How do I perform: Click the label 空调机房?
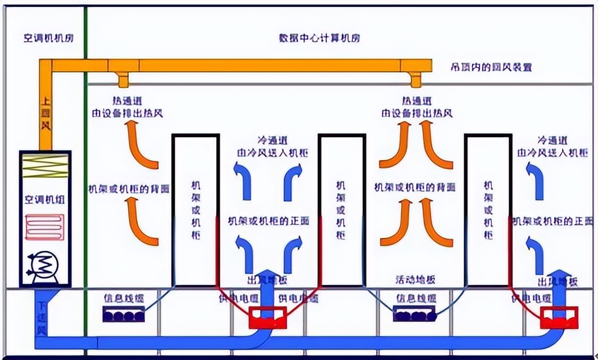[49, 39]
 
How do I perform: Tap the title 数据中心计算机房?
[319, 38]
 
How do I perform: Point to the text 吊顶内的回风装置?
[491, 67]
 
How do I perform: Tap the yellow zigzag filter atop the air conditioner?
[45, 168]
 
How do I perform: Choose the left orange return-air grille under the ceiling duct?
[123, 79]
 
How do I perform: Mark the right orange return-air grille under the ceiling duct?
[415, 79]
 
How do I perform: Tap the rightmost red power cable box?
[559, 318]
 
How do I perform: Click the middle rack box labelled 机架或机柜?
[341, 210]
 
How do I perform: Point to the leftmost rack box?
[195, 210]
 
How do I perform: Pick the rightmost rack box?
[488, 210]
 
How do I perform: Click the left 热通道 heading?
[126, 101]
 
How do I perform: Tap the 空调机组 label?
[46, 199]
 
